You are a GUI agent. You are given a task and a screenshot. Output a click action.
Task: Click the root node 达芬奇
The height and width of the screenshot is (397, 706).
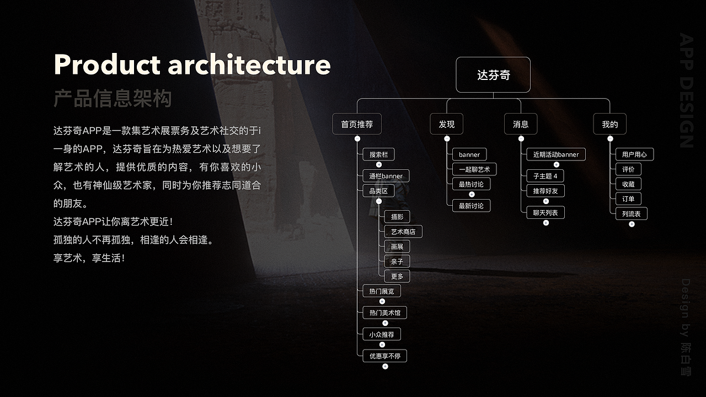point(493,75)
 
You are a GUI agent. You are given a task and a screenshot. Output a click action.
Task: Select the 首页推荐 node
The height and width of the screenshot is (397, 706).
point(357,125)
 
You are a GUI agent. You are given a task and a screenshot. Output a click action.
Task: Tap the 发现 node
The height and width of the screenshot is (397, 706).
point(447,125)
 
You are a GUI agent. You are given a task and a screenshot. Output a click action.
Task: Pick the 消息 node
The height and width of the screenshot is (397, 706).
point(521,125)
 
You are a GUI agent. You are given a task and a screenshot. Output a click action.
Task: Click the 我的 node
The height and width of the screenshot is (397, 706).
point(609,125)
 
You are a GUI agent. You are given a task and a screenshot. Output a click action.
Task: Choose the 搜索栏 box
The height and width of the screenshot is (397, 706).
point(379,155)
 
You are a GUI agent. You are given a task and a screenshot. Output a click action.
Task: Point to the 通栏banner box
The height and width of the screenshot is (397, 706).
point(386,176)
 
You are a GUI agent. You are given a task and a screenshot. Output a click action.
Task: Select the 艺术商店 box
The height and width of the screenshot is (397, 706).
point(403,232)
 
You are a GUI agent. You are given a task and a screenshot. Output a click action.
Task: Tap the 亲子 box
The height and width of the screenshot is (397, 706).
point(397,262)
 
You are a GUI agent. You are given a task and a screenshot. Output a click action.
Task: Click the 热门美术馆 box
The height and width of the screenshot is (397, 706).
point(385,313)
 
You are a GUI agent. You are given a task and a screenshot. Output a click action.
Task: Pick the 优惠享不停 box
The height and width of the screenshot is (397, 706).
point(385,356)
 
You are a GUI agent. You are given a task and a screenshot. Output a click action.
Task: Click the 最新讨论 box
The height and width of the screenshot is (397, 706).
point(471,206)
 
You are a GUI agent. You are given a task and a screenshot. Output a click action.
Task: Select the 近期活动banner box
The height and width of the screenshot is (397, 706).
point(556,155)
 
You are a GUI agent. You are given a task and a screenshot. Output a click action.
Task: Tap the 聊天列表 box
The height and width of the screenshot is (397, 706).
point(545,212)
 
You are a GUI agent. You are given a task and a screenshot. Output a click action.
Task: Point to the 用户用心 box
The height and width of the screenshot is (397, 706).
point(634,154)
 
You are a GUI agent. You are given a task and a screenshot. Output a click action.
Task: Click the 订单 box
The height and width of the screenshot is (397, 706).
point(628,199)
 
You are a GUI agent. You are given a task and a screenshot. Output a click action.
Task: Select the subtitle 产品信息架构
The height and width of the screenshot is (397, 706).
point(113,99)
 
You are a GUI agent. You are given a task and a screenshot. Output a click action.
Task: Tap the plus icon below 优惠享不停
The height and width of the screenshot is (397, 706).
point(385,367)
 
